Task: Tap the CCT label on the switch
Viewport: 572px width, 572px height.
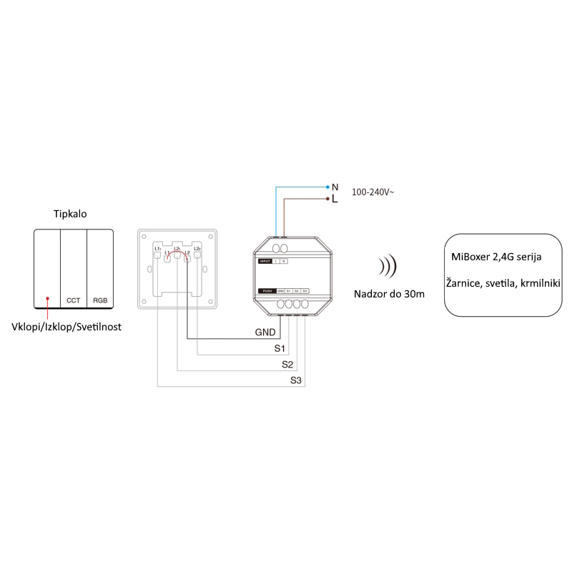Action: [73, 301]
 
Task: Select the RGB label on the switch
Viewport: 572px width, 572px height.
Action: [100, 301]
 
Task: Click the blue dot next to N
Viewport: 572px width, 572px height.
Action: [327, 187]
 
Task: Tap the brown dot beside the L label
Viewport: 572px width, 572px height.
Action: [327, 198]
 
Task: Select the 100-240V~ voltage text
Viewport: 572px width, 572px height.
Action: [373, 192]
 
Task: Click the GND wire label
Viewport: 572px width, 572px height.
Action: [265, 332]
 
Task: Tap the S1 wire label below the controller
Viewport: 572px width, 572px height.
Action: [280, 348]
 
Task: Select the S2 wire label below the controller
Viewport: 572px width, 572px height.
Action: [287, 364]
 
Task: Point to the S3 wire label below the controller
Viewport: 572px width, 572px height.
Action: [296, 380]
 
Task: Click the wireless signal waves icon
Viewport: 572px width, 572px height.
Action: [388, 267]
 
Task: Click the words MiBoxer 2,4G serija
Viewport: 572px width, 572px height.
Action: [496, 257]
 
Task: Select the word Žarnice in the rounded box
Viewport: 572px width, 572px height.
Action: [465, 284]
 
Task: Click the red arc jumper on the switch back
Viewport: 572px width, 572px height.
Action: [177, 252]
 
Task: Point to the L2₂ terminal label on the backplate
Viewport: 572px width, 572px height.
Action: [197, 248]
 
